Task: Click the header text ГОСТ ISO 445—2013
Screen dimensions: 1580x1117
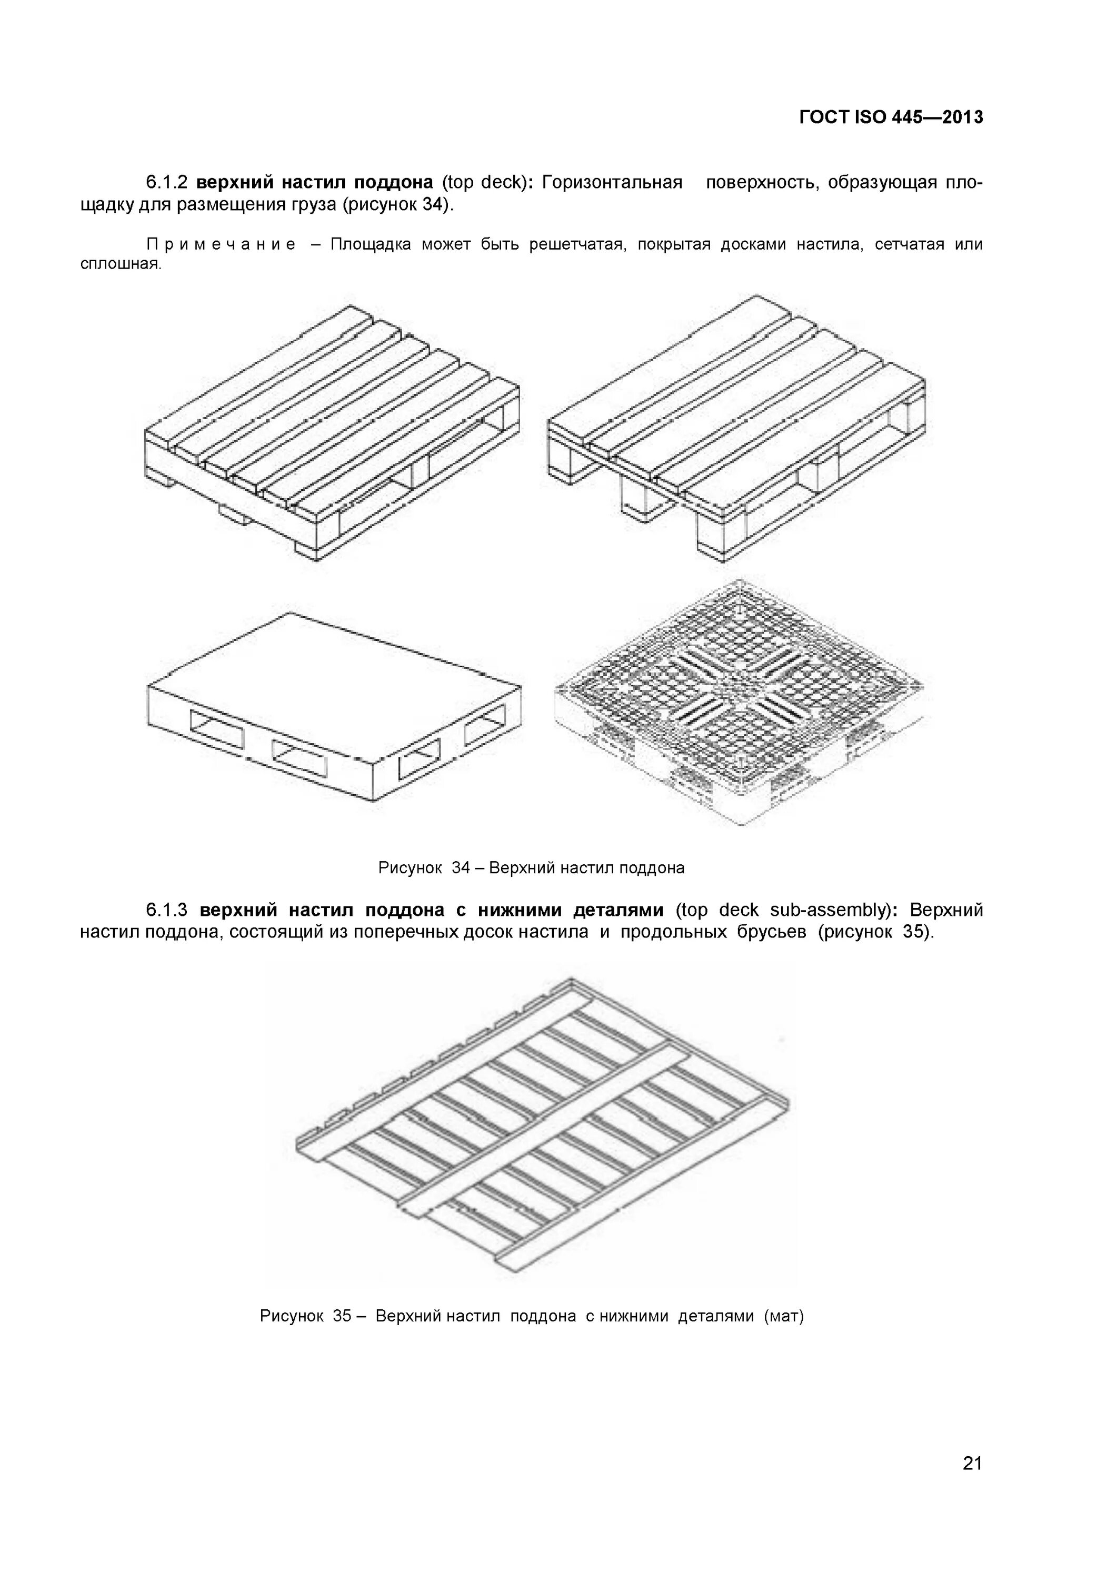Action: coord(891,117)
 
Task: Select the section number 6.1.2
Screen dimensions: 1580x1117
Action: coord(166,182)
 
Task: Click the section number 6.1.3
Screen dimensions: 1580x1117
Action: coord(166,911)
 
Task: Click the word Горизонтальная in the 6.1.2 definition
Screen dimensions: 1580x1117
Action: coord(612,182)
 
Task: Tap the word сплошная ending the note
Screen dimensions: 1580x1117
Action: coord(121,265)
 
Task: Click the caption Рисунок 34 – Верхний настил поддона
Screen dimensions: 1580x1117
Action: coord(531,868)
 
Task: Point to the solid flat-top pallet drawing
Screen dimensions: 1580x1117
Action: coord(334,705)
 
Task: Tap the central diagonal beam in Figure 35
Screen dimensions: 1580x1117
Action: coord(543,1129)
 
